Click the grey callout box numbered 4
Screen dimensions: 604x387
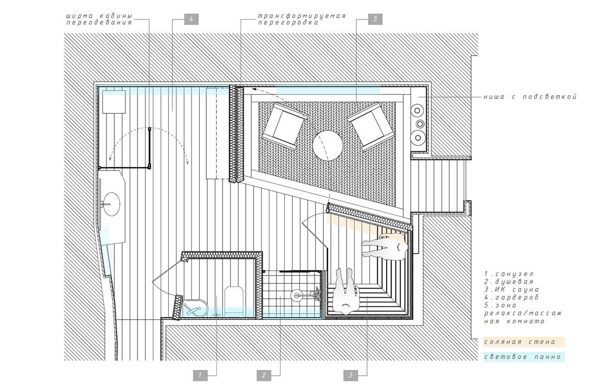191,19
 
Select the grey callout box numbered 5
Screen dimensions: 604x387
375,19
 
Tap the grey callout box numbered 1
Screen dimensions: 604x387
200,375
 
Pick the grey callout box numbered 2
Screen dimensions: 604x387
264,375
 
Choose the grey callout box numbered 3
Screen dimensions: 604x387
350,375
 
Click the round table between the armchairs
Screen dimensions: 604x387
328,145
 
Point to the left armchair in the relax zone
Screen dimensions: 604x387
285,126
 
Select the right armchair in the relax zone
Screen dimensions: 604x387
370,126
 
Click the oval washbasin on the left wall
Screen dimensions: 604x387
112,204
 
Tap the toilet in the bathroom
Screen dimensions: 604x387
234,299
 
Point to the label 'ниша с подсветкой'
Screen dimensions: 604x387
530,97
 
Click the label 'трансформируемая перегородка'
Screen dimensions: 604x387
302,19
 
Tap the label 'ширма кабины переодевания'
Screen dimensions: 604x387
99,19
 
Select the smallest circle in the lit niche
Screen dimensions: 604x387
420,124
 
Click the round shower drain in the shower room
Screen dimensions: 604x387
296,295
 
